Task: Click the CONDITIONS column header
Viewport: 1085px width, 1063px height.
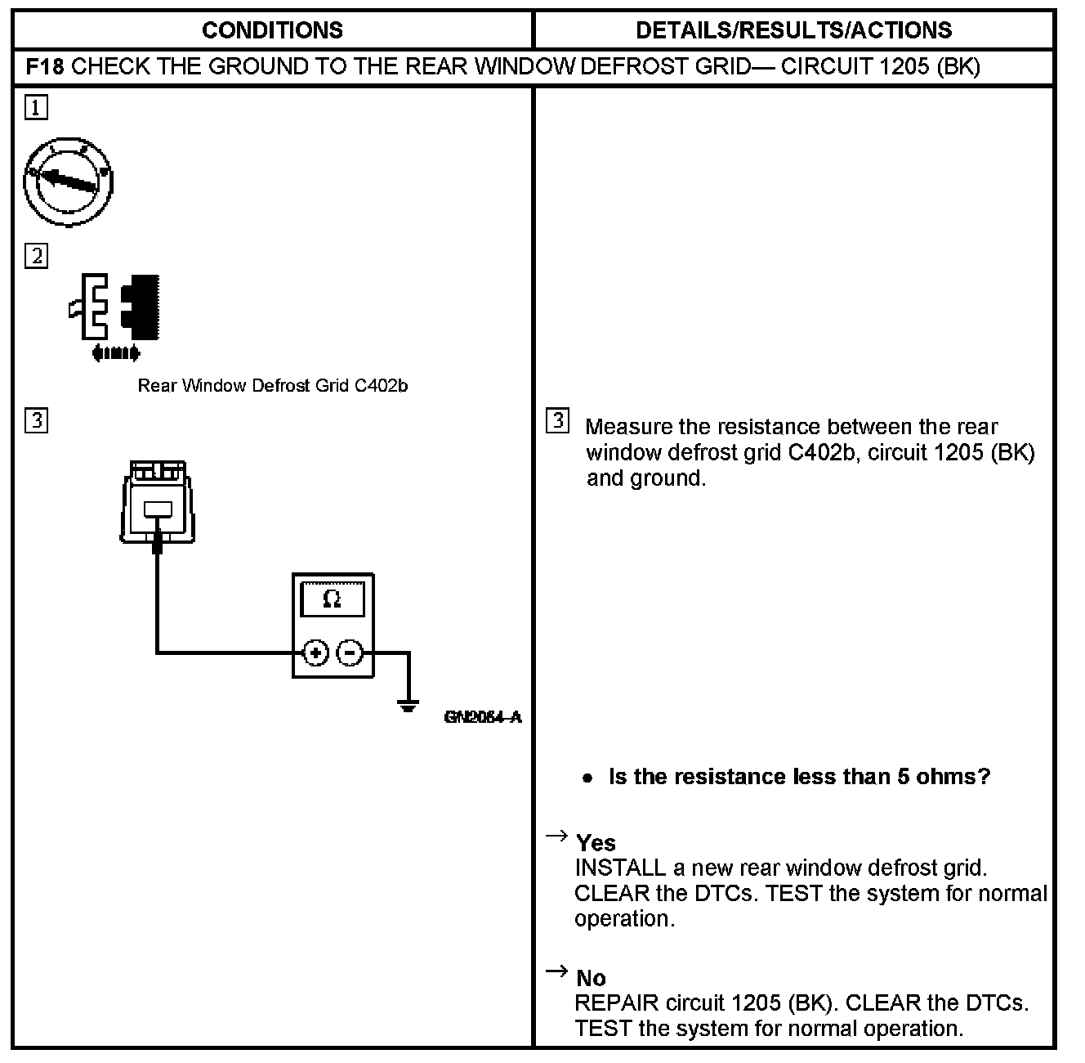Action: (x=272, y=30)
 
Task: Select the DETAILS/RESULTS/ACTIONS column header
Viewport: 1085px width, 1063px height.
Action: (x=793, y=30)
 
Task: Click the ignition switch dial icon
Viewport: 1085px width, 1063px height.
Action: (x=68, y=182)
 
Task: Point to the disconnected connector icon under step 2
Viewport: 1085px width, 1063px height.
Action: (x=114, y=311)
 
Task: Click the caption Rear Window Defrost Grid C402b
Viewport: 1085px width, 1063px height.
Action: (x=272, y=385)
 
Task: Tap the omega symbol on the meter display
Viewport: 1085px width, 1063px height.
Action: (x=332, y=599)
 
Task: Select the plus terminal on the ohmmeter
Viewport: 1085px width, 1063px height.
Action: (x=315, y=653)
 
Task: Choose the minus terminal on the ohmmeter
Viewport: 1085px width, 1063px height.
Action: (x=350, y=653)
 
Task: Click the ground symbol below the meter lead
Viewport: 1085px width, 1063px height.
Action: (x=408, y=705)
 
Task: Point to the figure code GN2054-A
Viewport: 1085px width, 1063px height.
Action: (x=483, y=717)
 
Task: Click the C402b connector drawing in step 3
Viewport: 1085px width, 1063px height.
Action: (x=159, y=502)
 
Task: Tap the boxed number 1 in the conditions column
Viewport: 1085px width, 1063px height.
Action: (x=37, y=108)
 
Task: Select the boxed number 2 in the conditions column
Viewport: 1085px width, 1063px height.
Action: (x=37, y=256)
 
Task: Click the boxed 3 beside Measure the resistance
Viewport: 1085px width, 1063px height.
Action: (x=557, y=421)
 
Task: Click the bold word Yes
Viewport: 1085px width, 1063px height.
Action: (x=596, y=842)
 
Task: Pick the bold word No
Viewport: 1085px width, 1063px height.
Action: (x=591, y=978)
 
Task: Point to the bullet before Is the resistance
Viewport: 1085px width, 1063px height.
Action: (x=587, y=778)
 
